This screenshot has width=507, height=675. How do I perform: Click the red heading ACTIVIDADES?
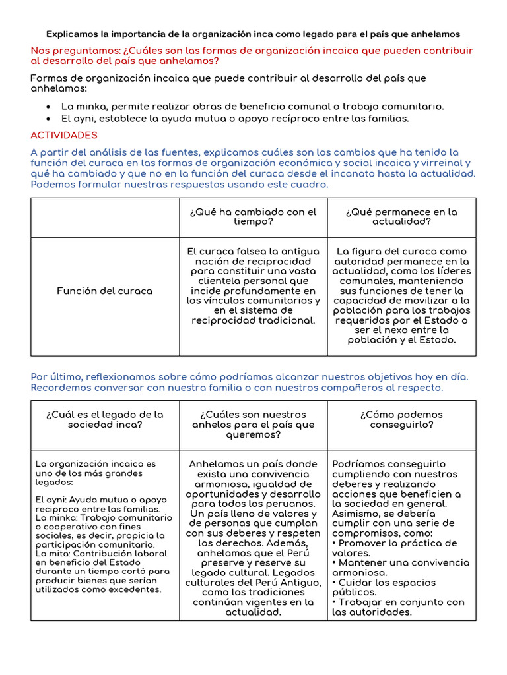coord(64,135)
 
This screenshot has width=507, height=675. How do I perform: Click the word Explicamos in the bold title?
coord(71,34)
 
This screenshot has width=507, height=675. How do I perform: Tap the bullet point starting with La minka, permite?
coord(252,106)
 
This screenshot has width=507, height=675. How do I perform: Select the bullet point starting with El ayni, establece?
coord(235,119)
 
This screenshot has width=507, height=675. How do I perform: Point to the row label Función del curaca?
coord(104,291)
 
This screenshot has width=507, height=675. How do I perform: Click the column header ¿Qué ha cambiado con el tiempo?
coord(253,217)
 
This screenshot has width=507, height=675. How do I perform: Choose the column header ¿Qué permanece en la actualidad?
coord(401,217)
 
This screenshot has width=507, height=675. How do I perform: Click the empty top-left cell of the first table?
coord(105,218)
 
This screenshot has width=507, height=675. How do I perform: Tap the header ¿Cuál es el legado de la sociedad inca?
coord(104,419)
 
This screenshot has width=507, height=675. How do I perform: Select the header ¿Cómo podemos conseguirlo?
coord(401,419)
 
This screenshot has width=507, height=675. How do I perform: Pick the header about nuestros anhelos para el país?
coord(253,425)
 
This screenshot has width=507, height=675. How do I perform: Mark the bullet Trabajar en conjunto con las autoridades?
coord(398,607)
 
